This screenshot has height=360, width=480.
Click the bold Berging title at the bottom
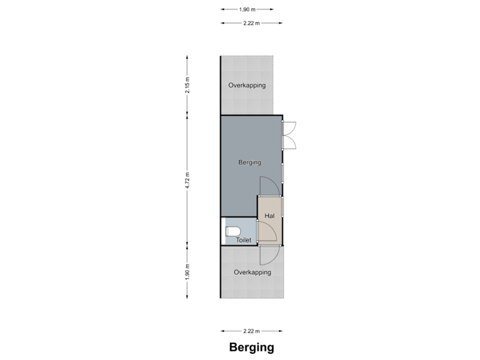[251, 347]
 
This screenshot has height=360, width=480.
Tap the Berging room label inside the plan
[250, 163]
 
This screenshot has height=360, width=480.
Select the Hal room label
[269, 216]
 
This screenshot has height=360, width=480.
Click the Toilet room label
[243, 240]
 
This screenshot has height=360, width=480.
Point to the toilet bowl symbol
[233, 231]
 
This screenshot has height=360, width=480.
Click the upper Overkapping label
[247, 85]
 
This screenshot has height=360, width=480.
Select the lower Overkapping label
[252, 272]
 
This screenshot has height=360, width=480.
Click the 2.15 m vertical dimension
[187, 85]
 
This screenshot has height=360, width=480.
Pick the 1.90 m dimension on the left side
[187, 271]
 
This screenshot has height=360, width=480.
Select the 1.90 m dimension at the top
[247, 9]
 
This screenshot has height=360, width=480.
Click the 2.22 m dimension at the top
[251, 23]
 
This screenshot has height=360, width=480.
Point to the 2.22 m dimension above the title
[251, 331]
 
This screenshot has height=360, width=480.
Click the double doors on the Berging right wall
[289, 135]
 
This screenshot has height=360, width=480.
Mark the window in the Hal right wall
[282, 207]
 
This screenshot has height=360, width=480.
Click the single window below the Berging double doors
[282, 173]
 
